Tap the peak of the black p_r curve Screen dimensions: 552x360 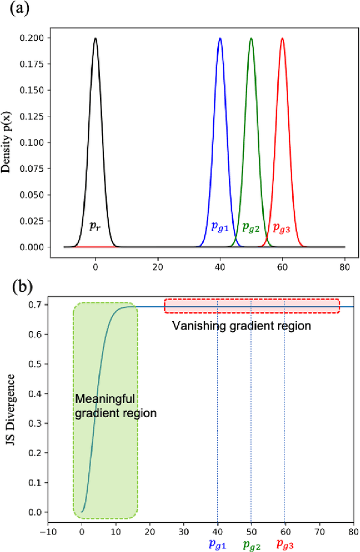[x=95, y=39]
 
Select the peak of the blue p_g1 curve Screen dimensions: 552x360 [x=220, y=39]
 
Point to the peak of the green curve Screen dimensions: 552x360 [x=251, y=39]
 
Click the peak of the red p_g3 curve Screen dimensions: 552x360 [x=282, y=39]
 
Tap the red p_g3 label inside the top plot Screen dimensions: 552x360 [x=281, y=227]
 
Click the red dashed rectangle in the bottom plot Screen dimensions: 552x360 [x=252, y=306]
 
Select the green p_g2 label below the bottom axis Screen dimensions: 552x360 [x=251, y=544]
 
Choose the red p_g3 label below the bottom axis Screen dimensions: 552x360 [x=285, y=544]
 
